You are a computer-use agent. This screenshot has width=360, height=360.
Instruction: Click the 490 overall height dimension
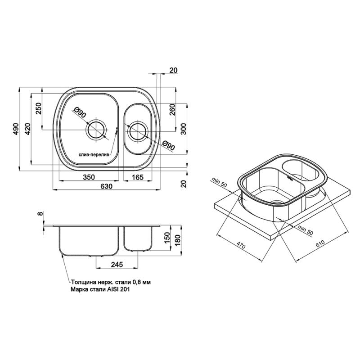point(16,129)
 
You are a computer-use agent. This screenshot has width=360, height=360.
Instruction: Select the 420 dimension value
point(27,129)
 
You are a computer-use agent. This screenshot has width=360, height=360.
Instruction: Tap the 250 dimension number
point(38,108)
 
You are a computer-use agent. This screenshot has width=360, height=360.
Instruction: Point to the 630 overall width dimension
point(107,186)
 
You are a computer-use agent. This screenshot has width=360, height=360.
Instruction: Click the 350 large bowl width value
point(89,177)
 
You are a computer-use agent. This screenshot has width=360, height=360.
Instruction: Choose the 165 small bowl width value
point(138,177)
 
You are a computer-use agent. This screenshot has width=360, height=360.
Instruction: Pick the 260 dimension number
point(172,110)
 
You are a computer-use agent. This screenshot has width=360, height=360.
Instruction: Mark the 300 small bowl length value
point(184,129)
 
